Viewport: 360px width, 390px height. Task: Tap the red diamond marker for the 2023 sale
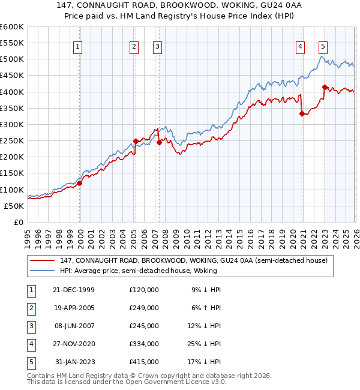pos(325,87)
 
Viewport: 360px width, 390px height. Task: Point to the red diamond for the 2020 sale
pos(302,113)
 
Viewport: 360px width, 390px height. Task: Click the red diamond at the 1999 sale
pos(80,184)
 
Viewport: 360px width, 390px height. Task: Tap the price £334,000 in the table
pos(144,344)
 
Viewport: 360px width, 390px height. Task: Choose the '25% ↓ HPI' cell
pos(203,344)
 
